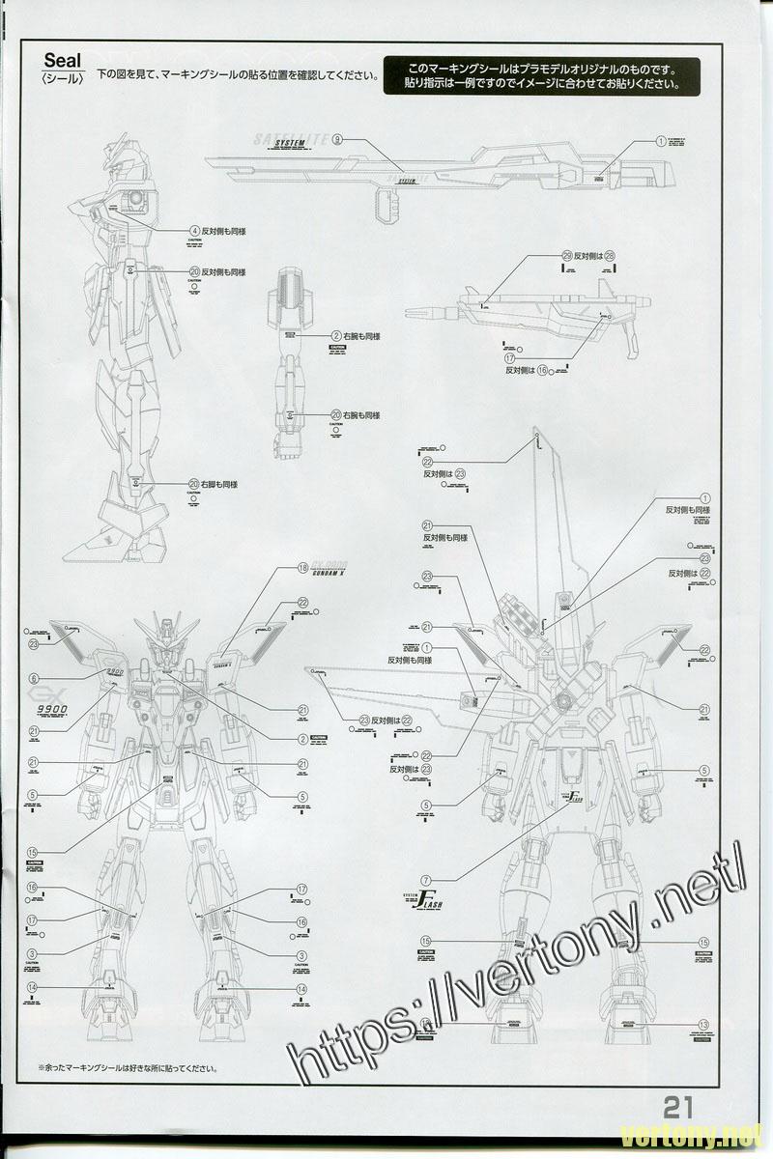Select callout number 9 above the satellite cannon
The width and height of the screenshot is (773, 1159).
coord(336,140)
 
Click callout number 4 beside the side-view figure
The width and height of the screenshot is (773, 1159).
coord(195,231)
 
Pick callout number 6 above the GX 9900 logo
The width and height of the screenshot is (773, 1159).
coord(34,678)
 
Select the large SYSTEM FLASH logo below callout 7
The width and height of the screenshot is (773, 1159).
coord(423,906)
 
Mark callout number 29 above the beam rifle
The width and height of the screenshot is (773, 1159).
coord(567,256)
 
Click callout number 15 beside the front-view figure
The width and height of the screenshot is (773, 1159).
coord(33,853)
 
